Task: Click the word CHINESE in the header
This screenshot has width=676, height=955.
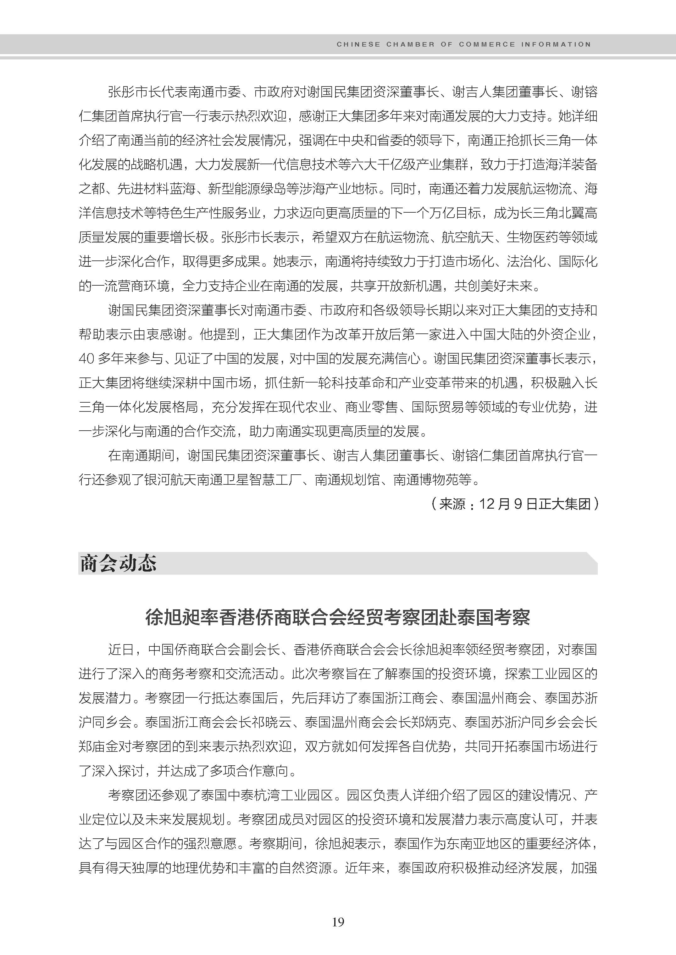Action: click(358, 44)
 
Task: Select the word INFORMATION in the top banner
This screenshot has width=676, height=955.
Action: click(556, 44)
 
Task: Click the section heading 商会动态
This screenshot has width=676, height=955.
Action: click(118, 563)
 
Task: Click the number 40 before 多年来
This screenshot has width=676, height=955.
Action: click(86, 359)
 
